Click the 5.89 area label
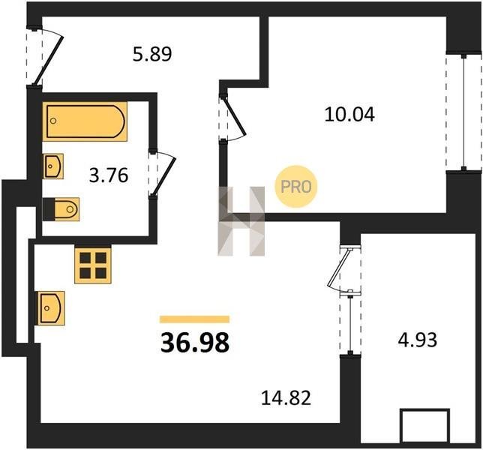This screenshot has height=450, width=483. [152, 54]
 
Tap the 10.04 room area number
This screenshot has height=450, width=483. [349, 114]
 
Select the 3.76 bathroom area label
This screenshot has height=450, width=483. [109, 175]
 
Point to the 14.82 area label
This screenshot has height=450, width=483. [286, 397]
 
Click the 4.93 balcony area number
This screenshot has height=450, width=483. [418, 340]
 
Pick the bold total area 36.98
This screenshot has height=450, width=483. [195, 343]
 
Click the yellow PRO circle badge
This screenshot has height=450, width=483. [295, 186]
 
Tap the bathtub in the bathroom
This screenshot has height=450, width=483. [85, 121]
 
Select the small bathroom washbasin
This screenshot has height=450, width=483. [53, 166]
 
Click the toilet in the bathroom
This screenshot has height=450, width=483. [61, 209]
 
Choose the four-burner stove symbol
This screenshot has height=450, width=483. [93, 265]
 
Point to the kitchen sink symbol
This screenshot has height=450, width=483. [51, 308]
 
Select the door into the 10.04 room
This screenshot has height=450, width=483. [232, 118]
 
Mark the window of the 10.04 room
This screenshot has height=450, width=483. [463, 112]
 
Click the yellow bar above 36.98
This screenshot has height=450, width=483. [195, 319]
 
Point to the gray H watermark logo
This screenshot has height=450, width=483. [241, 221]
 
